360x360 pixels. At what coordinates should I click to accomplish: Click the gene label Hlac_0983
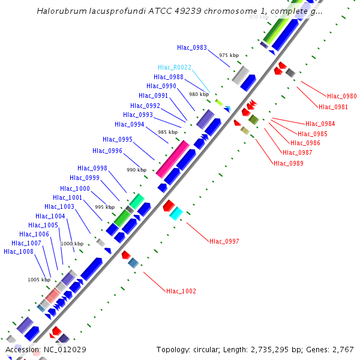(x=192, y=47)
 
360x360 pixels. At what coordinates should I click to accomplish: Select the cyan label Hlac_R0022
(x=175, y=67)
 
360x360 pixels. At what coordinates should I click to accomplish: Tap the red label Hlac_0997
(x=224, y=241)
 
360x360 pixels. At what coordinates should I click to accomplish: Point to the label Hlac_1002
(x=181, y=291)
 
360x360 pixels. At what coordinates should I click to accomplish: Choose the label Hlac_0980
(x=342, y=96)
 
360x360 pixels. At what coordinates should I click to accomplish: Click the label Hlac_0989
(x=288, y=163)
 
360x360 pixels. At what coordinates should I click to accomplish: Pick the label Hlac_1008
(x=19, y=251)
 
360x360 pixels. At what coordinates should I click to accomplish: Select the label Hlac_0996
(x=107, y=151)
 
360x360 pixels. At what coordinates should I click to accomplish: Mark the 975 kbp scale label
(x=229, y=55)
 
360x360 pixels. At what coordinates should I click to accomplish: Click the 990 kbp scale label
(x=137, y=170)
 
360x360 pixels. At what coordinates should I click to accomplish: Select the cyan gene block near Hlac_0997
(x=176, y=214)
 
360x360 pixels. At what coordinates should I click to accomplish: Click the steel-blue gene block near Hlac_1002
(x=133, y=262)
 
